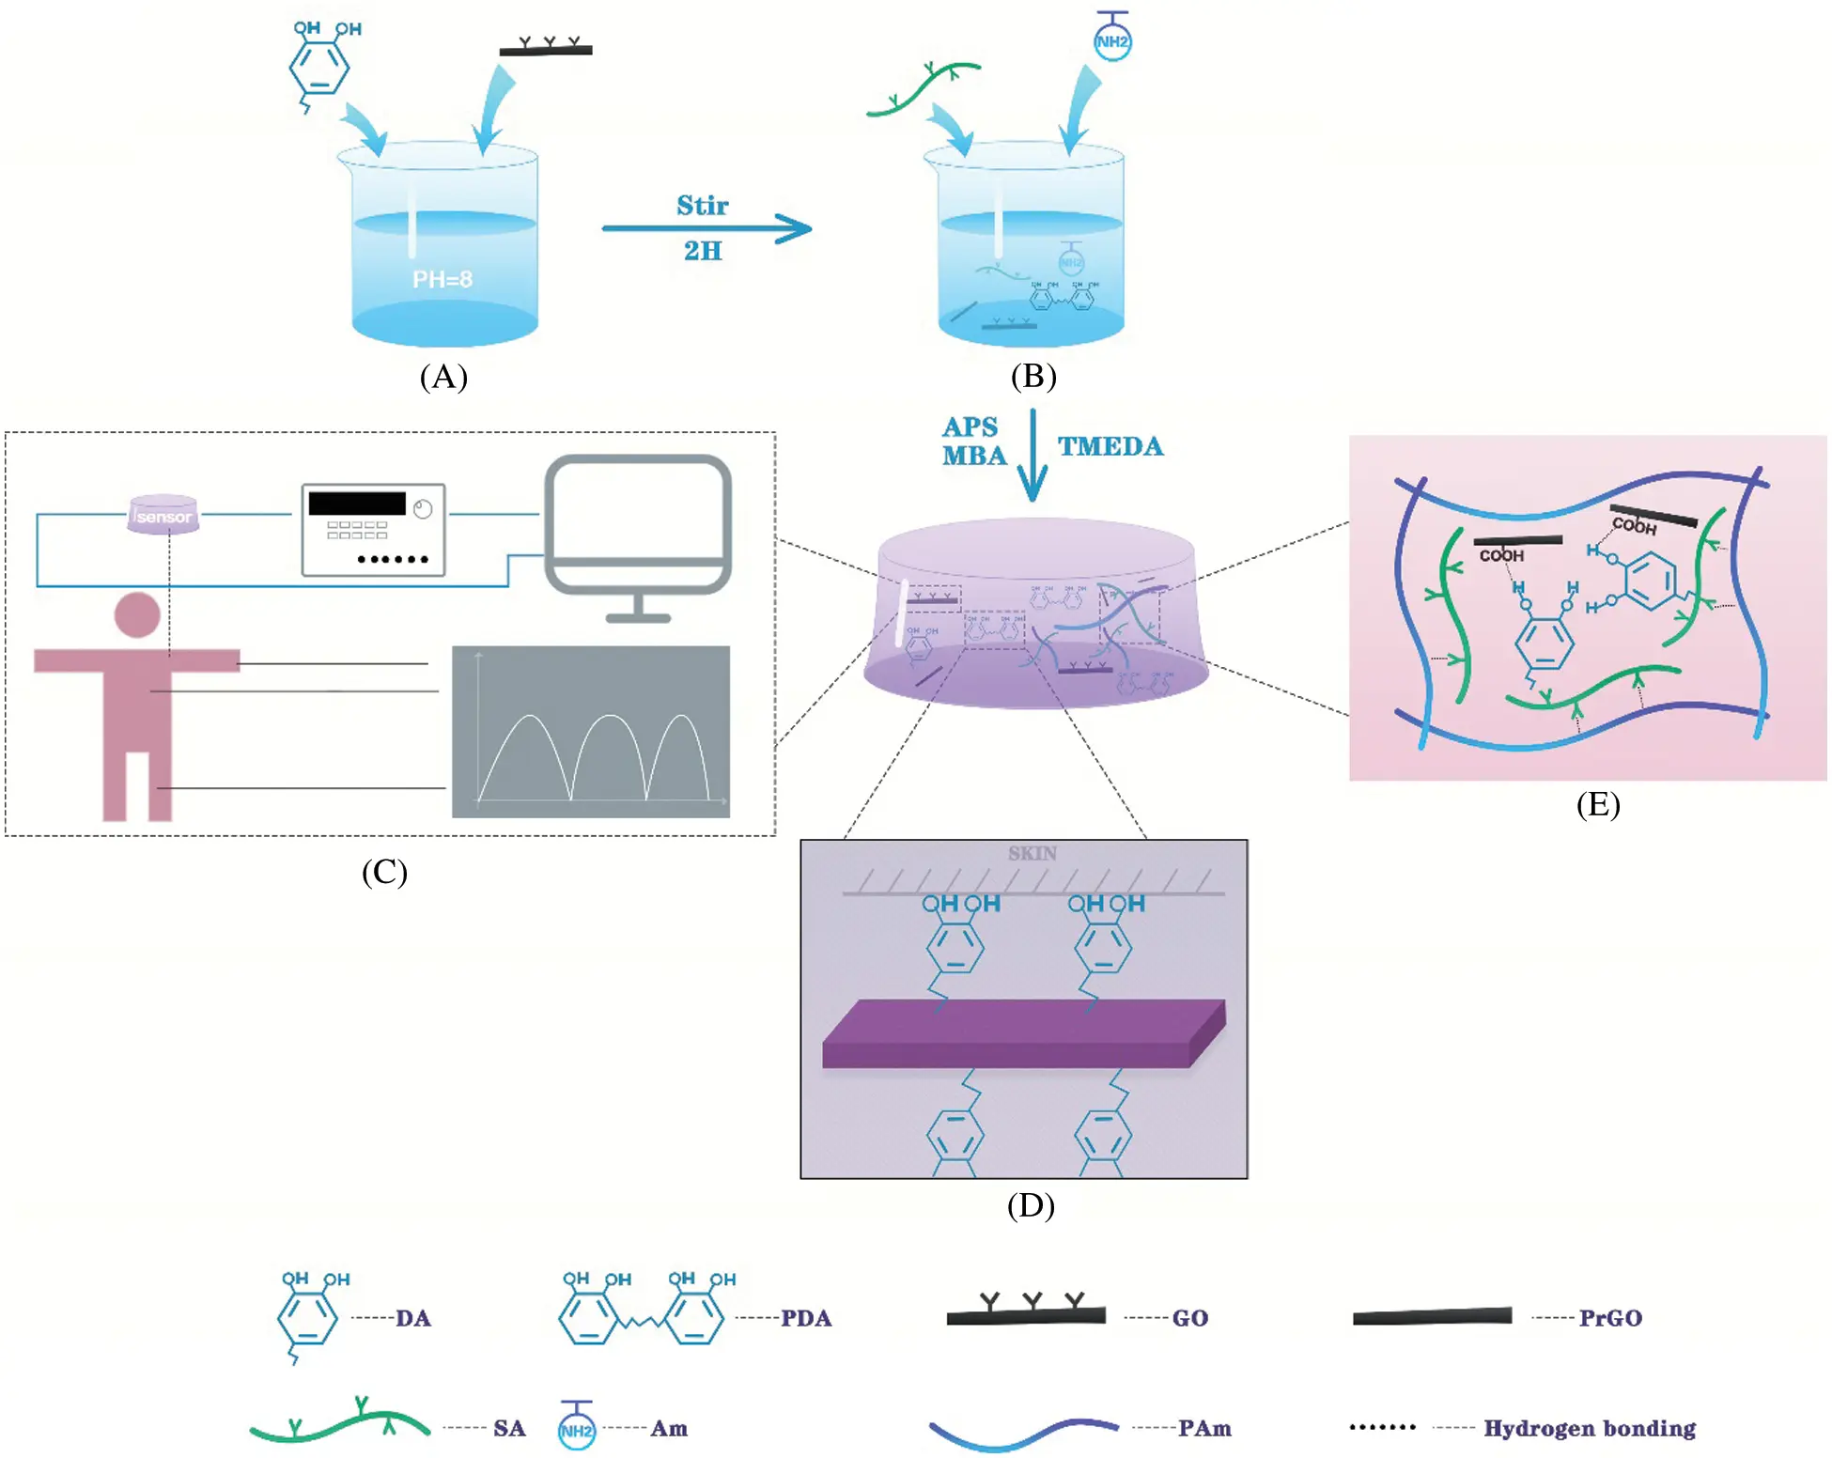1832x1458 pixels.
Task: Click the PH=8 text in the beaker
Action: (x=442, y=279)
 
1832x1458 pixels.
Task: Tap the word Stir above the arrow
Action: (x=702, y=206)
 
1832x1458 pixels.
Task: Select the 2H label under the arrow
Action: (x=702, y=251)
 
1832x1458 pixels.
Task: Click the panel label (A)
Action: (x=442, y=377)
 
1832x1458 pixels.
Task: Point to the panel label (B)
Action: (x=1032, y=376)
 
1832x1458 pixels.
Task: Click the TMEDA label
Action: (x=1110, y=446)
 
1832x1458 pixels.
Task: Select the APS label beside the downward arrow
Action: (x=970, y=427)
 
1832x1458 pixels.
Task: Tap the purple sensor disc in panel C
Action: (x=163, y=515)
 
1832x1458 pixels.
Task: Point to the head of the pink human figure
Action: (x=137, y=615)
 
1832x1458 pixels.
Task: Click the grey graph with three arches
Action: (x=590, y=731)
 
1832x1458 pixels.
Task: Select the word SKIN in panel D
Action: (x=1032, y=853)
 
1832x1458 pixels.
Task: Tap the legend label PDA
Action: (x=806, y=1318)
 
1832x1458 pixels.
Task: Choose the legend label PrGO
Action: (x=1610, y=1318)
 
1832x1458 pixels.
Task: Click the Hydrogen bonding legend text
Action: (x=1590, y=1428)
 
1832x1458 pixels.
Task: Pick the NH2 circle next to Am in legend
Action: (x=576, y=1430)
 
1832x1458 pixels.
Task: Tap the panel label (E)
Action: (x=1597, y=804)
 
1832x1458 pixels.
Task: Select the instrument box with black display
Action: (x=373, y=530)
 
